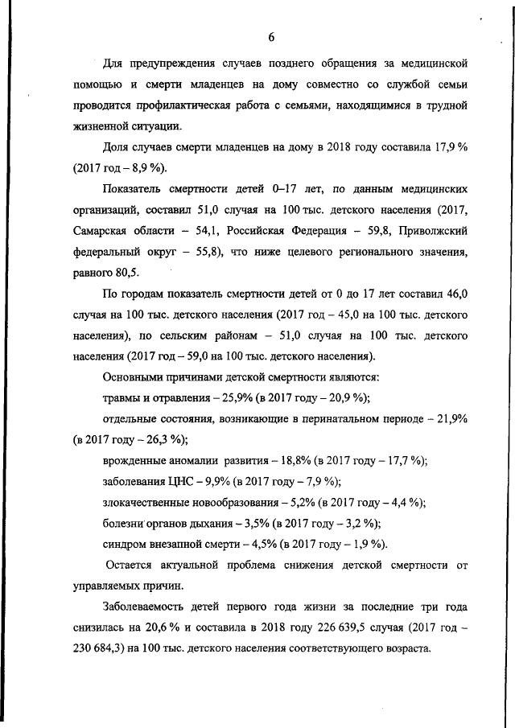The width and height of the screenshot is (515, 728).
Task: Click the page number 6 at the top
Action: pyautogui.click(x=272, y=37)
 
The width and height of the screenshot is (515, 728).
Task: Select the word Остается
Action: pyautogui.click(x=133, y=566)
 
